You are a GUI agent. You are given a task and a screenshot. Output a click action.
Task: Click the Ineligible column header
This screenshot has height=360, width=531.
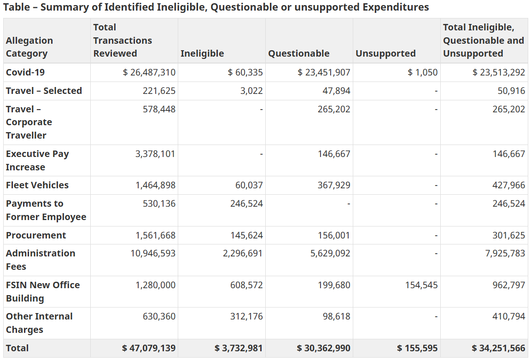(x=202, y=53)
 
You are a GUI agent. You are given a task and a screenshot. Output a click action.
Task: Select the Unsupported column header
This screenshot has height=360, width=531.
(x=385, y=53)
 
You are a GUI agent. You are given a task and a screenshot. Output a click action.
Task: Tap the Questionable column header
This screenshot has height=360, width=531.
(x=298, y=53)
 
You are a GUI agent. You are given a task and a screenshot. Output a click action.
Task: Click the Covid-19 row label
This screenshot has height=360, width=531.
(x=25, y=72)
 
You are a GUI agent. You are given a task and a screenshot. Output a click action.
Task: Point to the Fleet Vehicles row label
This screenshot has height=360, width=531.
(x=37, y=185)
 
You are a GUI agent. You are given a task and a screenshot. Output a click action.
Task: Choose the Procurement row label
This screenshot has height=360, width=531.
(x=36, y=235)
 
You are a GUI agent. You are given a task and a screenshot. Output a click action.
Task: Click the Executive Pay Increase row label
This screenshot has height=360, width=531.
(x=37, y=160)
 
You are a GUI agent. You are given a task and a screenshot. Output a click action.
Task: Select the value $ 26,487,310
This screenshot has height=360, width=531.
(x=149, y=72)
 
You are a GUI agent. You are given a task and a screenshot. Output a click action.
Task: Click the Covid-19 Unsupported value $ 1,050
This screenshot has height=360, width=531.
(x=422, y=72)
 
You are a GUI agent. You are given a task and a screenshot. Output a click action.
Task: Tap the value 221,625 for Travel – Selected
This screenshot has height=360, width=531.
(x=159, y=91)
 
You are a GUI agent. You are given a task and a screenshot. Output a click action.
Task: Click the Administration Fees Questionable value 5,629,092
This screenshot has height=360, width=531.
(x=330, y=253)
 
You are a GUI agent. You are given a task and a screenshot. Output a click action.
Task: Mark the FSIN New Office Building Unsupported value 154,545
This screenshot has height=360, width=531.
(x=420, y=285)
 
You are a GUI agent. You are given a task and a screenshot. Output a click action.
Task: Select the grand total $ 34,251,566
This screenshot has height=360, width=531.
(x=498, y=348)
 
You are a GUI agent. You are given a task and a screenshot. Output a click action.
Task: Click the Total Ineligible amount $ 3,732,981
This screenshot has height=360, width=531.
(x=239, y=348)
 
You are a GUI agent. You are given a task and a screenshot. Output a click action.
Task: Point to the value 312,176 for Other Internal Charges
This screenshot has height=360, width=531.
(x=246, y=316)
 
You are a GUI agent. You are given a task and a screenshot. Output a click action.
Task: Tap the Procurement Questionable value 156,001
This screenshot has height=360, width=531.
(x=334, y=235)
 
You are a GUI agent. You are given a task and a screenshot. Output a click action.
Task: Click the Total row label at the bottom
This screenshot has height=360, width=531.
(x=18, y=348)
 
